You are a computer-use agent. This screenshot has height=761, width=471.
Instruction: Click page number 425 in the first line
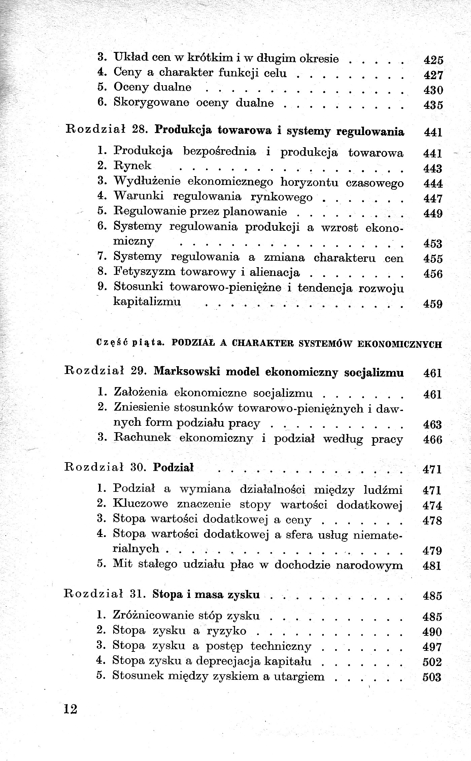pos(433,60)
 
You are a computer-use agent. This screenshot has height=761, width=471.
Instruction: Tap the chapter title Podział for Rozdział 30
pos(173,468)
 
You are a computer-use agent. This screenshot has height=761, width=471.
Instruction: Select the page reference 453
pos(433,243)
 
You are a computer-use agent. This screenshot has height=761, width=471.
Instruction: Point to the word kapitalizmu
pos(147,301)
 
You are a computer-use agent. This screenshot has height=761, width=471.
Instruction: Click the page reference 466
pos(432,440)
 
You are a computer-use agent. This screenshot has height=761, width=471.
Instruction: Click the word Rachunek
pos(143,438)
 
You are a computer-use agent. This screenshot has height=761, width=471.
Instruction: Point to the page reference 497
pos(432,647)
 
